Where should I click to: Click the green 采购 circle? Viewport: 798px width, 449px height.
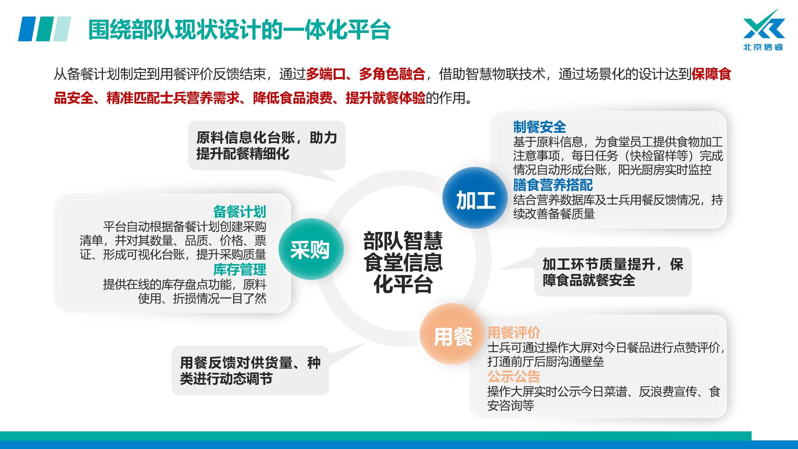click(x=311, y=249)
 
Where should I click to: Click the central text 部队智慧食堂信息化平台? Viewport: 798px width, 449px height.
click(x=403, y=262)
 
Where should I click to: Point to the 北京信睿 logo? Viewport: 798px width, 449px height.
click(x=764, y=30)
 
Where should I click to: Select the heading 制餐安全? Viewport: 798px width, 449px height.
click(x=539, y=127)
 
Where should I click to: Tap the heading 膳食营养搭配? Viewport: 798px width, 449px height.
click(x=553, y=185)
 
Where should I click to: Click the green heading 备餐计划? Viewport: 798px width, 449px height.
click(x=239, y=212)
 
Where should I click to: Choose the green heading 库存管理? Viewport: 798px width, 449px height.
click(x=239, y=269)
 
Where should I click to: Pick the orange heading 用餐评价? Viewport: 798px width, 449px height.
click(x=514, y=333)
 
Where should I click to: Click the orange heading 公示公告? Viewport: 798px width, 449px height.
click(x=514, y=377)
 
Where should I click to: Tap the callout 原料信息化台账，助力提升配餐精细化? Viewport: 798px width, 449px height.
click(x=267, y=146)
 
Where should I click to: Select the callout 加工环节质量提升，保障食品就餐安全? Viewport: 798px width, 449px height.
click(x=613, y=272)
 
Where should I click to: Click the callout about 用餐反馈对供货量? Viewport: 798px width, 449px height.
click(x=250, y=370)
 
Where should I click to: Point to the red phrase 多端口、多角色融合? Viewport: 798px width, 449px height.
click(x=366, y=74)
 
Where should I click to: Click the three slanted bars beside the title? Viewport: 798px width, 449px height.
click(x=44, y=29)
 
